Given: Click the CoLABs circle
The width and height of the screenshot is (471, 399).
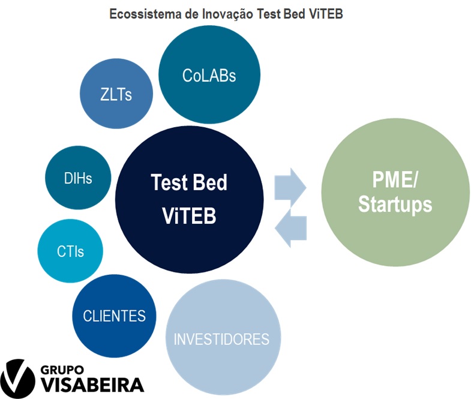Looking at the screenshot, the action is [x=209, y=74].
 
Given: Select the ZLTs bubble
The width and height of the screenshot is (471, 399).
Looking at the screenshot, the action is [x=116, y=94].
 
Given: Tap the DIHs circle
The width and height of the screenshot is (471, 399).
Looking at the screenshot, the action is [x=78, y=178].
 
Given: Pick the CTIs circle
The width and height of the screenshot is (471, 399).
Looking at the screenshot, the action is [x=70, y=251].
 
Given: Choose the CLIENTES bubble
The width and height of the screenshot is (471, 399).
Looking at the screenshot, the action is [x=114, y=316].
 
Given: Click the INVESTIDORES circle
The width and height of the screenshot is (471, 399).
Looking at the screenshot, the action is [x=223, y=337].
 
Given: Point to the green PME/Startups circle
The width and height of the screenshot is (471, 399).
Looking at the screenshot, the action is [x=395, y=192].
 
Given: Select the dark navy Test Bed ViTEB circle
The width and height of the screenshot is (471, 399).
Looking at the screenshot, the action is [x=189, y=199].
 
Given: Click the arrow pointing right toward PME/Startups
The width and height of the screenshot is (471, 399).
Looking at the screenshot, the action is [x=290, y=187].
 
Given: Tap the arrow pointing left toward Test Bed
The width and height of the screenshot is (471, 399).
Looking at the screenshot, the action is [x=290, y=228].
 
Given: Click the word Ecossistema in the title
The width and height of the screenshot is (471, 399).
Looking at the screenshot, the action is [x=145, y=14].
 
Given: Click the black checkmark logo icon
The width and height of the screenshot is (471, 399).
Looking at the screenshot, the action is [x=17, y=379].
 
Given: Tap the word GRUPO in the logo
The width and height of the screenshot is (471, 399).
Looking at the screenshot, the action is [x=62, y=370].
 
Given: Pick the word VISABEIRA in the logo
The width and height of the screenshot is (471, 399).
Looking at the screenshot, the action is [x=92, y=385].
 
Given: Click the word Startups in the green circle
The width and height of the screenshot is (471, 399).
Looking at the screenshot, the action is [x=395, y=205].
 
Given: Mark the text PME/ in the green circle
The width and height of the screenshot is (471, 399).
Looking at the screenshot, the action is [x=395, y=179].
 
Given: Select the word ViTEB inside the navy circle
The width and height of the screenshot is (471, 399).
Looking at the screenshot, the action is [x=189, y=215].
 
